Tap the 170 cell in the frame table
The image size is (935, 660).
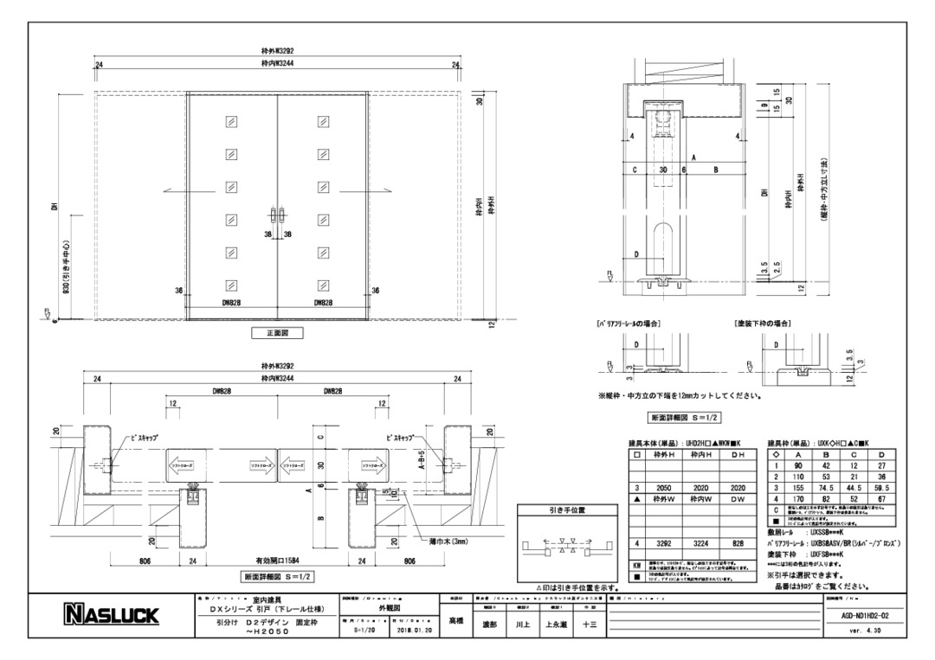pyautogui.click(x=798, y=499)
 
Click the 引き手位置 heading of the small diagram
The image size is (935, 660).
pyautogui.click(x=567, y=510)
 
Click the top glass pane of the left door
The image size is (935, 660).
pyautogui.click(x=231, y=122)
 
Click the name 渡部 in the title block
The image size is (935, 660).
pyautogui.click(x=488, y=625)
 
